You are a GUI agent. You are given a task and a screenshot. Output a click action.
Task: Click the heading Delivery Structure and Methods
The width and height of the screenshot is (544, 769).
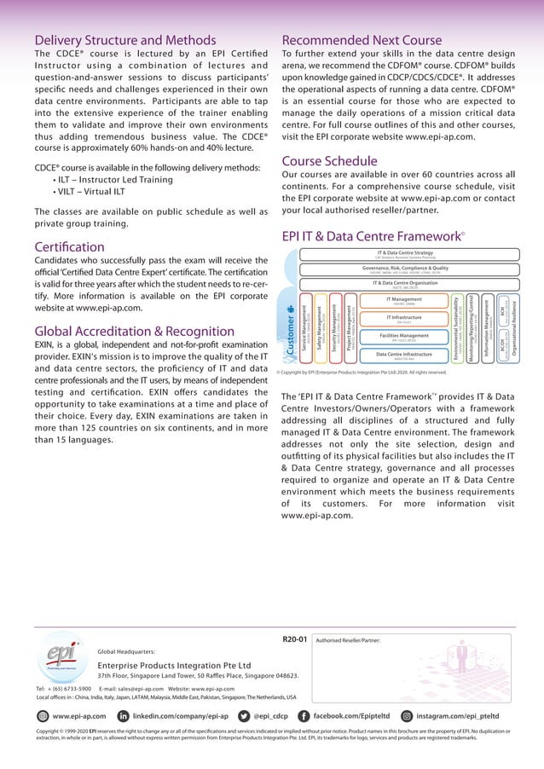pyautogui.click(x=124, y=40)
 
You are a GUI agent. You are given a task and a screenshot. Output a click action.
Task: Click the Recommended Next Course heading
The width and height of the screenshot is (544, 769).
pyautogui.click(x=362, y=40)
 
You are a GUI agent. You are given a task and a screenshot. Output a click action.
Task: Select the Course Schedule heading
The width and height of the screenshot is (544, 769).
pyautogui.click(x=329, y=161)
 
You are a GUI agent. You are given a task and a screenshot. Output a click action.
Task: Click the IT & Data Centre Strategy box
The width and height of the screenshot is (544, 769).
pyautogui.click(x=405, y=254)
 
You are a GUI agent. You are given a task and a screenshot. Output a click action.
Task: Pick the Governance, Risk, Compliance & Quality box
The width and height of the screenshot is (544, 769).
pyautogui.click(x=405, y=269)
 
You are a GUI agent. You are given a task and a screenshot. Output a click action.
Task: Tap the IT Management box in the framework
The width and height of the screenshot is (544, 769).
pyautogui.click(x=405, y=301)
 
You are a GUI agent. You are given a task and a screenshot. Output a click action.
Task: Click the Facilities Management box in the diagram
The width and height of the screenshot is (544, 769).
pyautogui.click(x=405, y=338)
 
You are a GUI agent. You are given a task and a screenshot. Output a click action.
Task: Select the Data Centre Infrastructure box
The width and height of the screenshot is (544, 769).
pyautogui.click(x=405, y=356)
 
